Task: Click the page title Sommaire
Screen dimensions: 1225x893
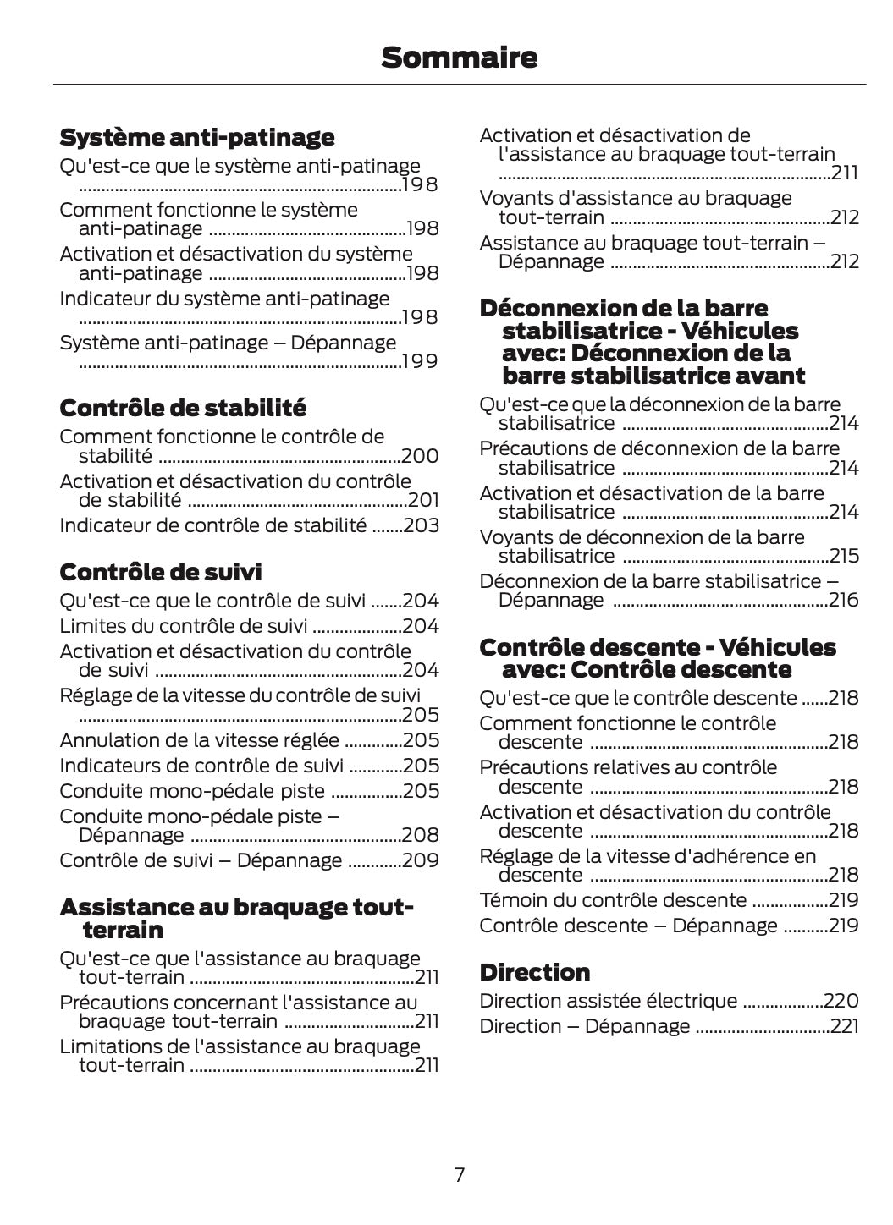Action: click(x=459, y=58)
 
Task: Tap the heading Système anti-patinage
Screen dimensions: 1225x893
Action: click(x=197, y=137)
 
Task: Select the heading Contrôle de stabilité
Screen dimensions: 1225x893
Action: click(x=183, y=408)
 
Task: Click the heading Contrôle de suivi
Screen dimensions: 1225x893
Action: click(x=161, y=572)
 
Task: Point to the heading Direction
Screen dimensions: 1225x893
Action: click(x=534, y=972)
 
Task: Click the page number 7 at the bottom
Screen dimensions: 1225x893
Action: click(x=460, y=1174)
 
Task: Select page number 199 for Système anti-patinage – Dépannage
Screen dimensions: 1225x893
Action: click(x=420, y=361)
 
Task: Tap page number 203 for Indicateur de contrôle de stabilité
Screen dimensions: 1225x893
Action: click(x=421, y=525)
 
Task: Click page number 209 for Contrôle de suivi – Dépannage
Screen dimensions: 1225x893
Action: click(x=421, y=860)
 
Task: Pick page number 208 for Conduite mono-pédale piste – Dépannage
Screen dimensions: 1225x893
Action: click(x=421, y=835)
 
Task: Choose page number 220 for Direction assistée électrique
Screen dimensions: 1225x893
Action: click(x=841, y=1001)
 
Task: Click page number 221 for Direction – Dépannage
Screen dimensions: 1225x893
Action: click(x=843, y=1026)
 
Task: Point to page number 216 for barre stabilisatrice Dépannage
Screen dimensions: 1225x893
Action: click(x=844, y=600)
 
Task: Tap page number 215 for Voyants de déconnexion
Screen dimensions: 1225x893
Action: click(x=844, y=556)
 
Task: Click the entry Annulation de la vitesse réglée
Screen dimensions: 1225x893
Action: click(x=199, y=740)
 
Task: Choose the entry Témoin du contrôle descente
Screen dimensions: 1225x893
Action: click(x=613, y=899)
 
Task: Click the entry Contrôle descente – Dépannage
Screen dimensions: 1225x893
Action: click(x=628, y=925)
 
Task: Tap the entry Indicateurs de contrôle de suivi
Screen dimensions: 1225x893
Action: click(x=201, y=766)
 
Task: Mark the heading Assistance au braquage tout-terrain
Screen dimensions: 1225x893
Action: click(x=236, y=919)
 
